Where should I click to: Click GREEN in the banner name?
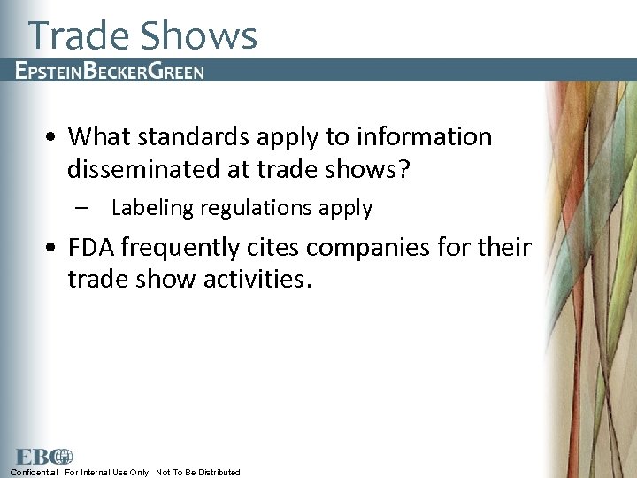[176, 71]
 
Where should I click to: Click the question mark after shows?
[404, 170]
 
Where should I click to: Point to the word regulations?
[254, 209]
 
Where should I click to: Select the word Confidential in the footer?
[34, 473]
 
